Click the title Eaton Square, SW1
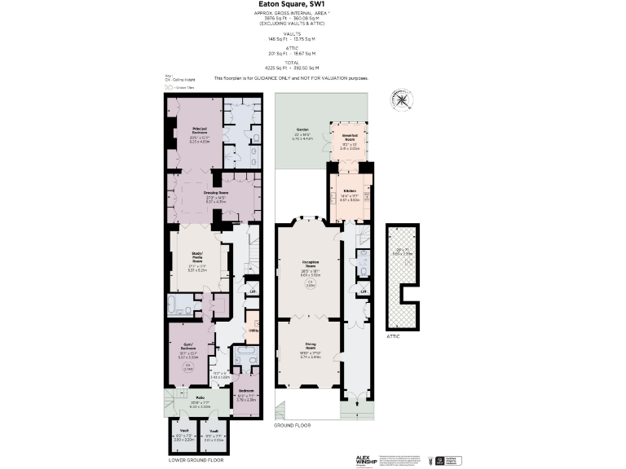pos(312,4)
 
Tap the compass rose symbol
pos(402,100)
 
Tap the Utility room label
pos(253,331)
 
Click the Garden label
pos(302,130)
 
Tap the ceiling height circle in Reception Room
pos(310,283)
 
